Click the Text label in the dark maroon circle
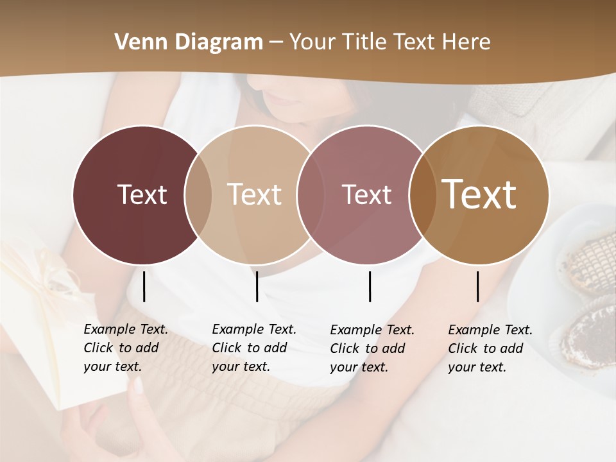142,194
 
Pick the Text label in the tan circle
255,194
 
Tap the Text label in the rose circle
366,194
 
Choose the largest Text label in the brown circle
479,194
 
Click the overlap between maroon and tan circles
198,194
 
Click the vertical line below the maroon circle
144,286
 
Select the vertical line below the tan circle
257,286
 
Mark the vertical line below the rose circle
370,286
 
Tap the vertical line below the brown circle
478,286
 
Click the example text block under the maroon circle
125,348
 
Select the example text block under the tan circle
253,348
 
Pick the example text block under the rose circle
372,348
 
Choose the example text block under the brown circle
490,348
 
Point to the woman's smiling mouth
282,99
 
